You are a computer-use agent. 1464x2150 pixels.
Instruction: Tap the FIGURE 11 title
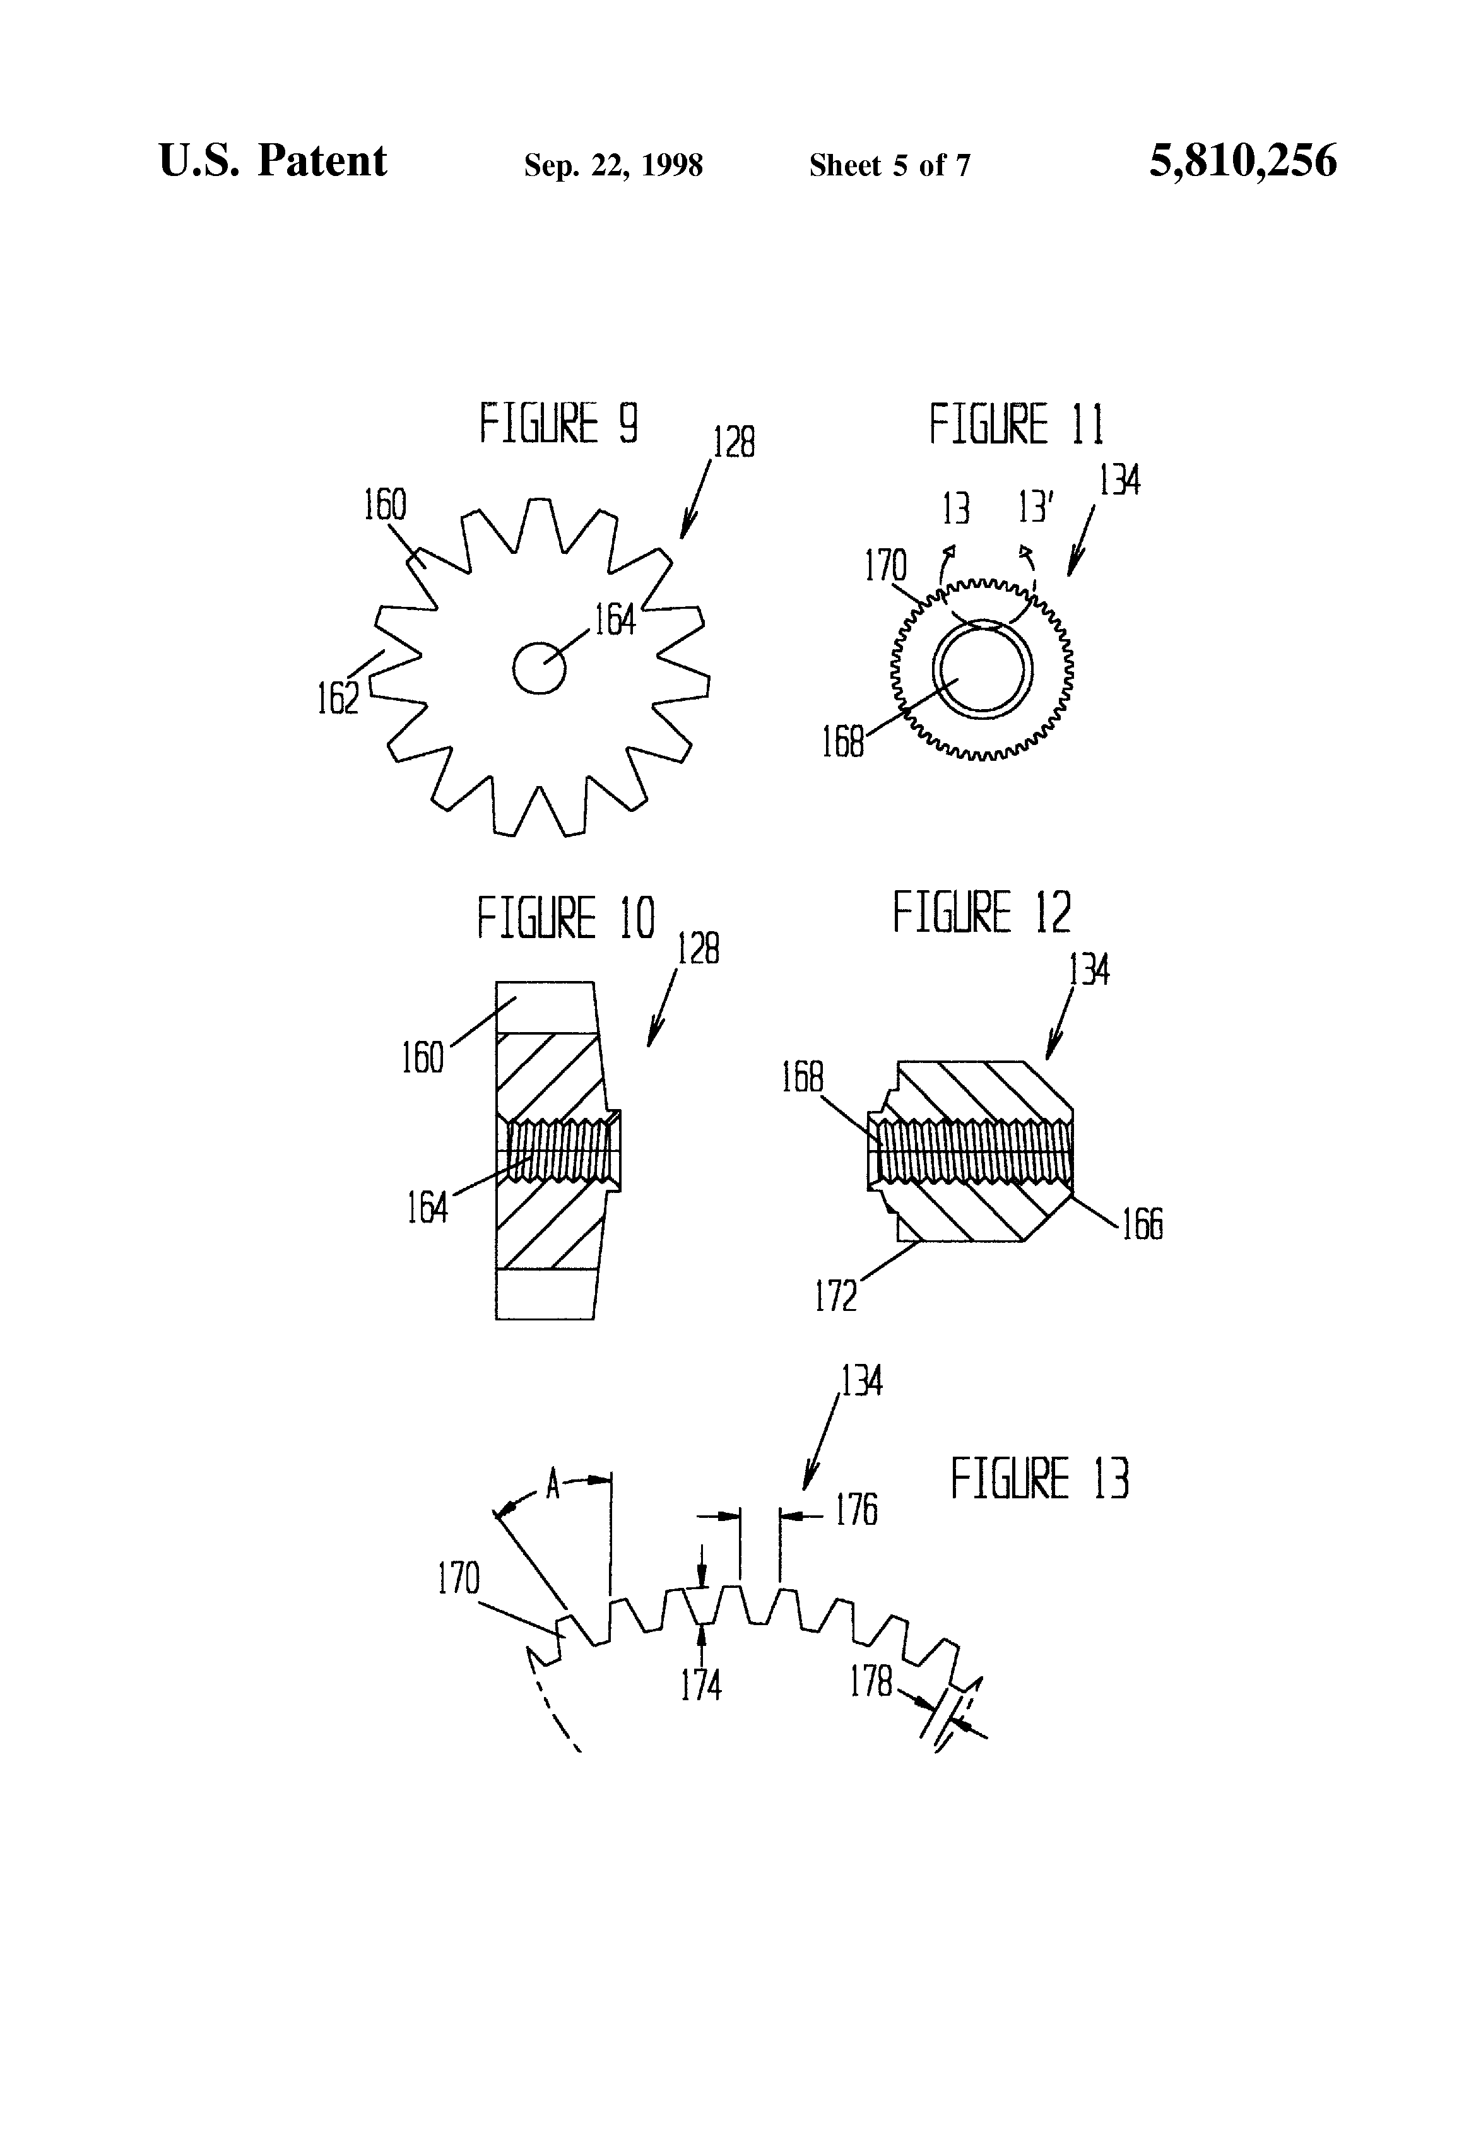[1016, 424]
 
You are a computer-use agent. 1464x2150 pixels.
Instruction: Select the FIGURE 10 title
[565, 918]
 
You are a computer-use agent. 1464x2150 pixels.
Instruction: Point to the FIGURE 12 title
[981, 912]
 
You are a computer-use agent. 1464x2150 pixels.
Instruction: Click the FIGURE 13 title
[1039, 1477]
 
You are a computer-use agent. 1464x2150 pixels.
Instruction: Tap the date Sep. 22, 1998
[613, 165]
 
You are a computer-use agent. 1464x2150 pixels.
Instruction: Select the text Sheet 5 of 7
[889, 165]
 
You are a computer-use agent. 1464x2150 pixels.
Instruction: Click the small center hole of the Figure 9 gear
[539, 667]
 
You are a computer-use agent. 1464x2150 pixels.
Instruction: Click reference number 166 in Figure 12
[1142, 1224]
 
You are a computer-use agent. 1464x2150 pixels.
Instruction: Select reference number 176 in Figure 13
[856, 1510]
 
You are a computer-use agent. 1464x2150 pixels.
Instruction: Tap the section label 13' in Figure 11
[1036, 508]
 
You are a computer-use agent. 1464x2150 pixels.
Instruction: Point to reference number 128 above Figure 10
[699, 949]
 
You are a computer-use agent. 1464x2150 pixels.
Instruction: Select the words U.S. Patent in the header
[272, 161]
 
